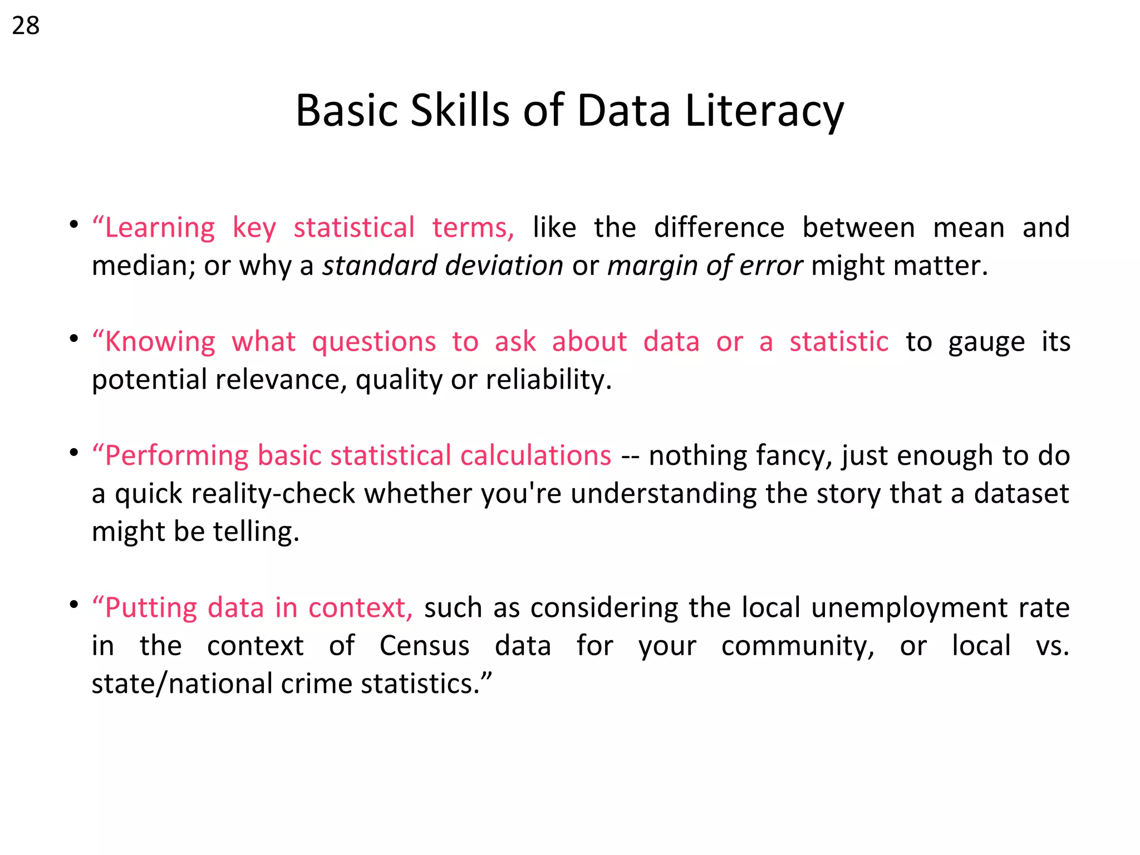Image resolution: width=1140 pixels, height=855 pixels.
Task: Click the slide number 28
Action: click(26, 26)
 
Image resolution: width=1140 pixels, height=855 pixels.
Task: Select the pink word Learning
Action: click(160, 228)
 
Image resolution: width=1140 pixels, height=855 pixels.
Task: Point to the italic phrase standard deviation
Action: click(443, 266)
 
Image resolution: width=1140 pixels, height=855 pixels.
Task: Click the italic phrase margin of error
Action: click(705, 266)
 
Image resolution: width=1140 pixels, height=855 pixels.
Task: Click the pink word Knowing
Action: click(160, 342)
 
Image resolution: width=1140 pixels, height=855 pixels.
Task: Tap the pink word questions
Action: click(374, 342)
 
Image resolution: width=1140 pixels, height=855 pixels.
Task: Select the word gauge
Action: click(986, 342)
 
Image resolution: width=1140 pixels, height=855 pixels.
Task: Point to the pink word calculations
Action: click(535, 455)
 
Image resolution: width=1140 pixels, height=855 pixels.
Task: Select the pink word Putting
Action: click(151, 607)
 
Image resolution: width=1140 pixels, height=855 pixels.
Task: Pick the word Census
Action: click(424, 646)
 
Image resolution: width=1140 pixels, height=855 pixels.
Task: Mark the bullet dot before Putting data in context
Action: click(74, 604)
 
